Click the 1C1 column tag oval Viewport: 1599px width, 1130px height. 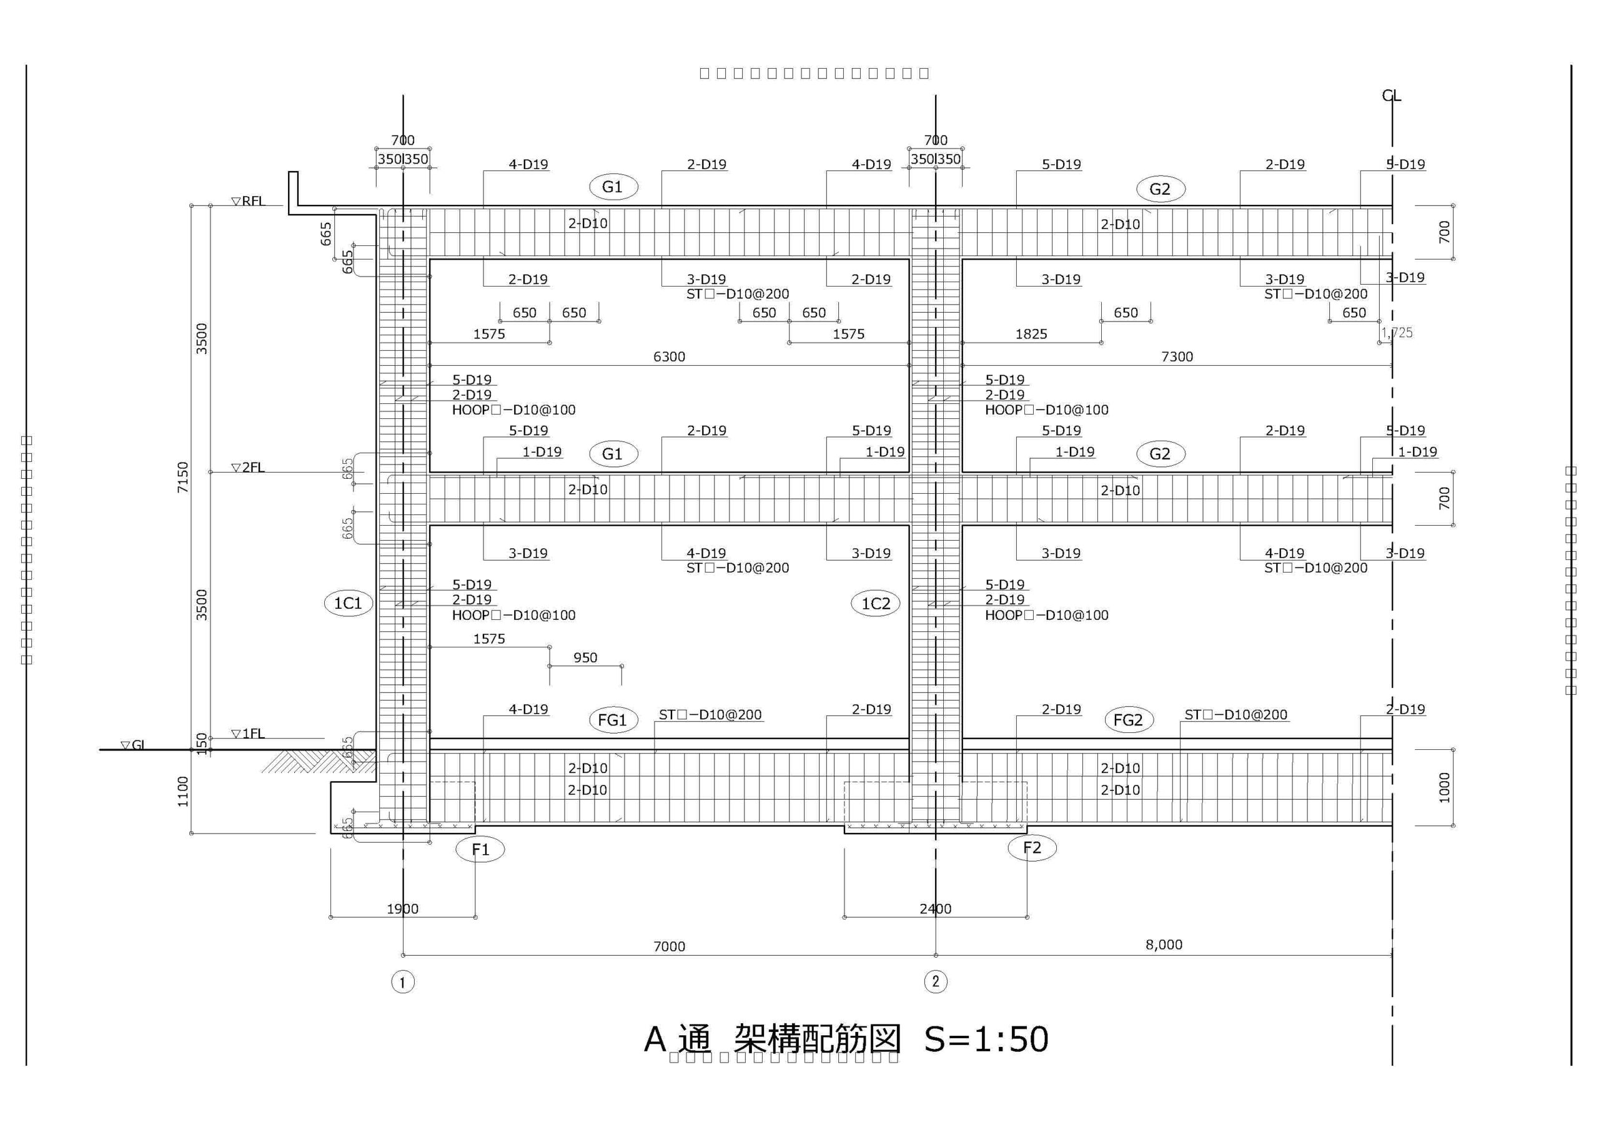(x=348, y=603)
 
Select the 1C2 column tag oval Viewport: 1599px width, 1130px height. (x=876, y=603)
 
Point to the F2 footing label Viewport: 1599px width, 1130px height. (x=1032, y=848)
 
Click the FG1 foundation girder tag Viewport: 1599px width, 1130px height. (x=612, y=720)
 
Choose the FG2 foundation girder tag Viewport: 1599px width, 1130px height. (x=1128, y=720)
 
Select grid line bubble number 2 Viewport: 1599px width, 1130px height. (x=935, y=981)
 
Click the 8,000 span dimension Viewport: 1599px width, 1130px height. (x=1164, y=945)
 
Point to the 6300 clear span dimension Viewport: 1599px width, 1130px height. (x=669, y=357)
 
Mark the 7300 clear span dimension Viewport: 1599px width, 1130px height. (x=1177, y=357)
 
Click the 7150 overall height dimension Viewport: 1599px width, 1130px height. (x=183, y=478)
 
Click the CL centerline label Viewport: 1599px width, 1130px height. (x=1392, y=96)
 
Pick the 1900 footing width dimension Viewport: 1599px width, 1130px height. (x=402, y=908)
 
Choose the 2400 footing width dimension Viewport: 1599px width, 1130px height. (x=935, y=908)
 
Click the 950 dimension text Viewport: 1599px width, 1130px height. (x=585, y=658)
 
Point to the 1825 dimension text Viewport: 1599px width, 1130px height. (x=1031, y=334)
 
